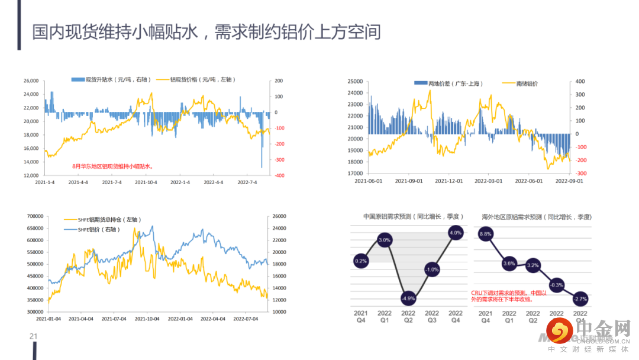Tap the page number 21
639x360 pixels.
tap(34, 336)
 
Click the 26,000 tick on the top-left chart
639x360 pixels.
tap(30, 81)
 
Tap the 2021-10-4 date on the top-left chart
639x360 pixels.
tap(146, 182)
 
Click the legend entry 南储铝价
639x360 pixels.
tap(521, 83)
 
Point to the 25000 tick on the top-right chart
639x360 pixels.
tap(355, 81)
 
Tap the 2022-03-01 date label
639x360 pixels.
tap(489, 181)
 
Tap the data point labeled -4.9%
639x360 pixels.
tap(408, 298)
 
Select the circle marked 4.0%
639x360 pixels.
tap(456, 233)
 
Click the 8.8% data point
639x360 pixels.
tap(486, 234)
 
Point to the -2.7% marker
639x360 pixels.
tap(580, 298)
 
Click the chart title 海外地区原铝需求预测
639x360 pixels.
tap(536, 217)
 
